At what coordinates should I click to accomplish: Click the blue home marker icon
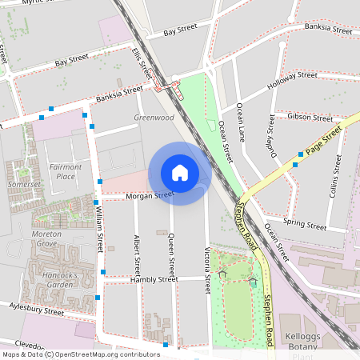[180, 173]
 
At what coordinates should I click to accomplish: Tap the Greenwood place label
[154, 118]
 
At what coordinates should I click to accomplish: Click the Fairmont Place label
[66, 170]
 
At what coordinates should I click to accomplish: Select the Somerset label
[24, 184]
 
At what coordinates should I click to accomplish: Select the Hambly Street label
[154, 280]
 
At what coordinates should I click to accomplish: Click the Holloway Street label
[292, 79]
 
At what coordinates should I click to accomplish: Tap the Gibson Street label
[310, 118]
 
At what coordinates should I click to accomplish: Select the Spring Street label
[305, 223]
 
